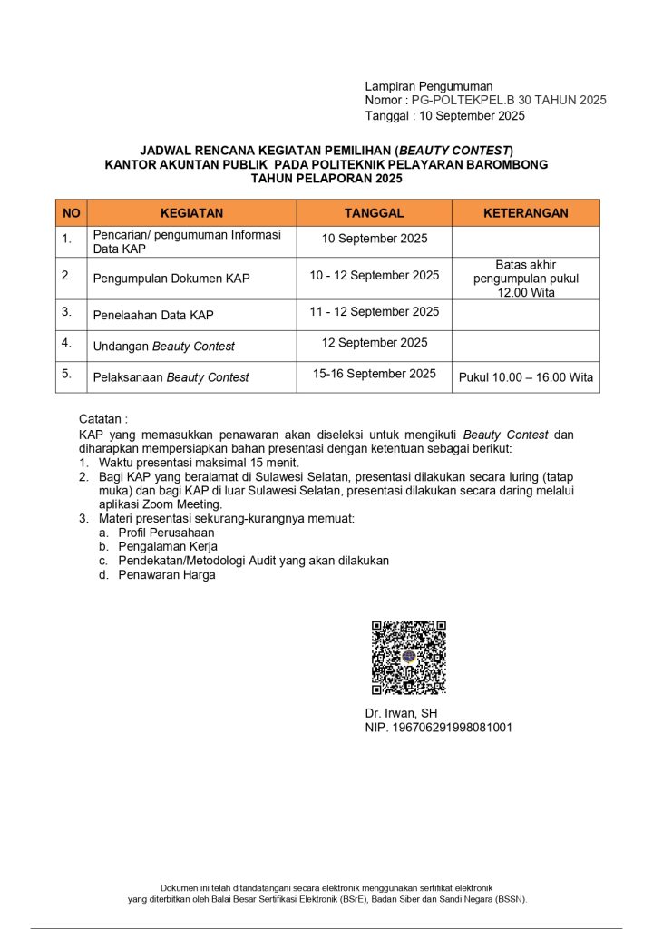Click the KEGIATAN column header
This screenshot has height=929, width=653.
click(191, 213)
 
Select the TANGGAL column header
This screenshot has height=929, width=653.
click(374, 213)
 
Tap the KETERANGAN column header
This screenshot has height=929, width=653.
click(525, 213)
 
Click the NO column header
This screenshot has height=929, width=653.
click(71, 213)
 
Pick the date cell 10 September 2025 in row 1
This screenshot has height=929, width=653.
click(374, 239)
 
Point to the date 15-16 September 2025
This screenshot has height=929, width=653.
click(374, 374)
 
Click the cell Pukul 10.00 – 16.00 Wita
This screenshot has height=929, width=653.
click(526, 377)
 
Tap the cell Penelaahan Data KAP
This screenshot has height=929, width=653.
click(153, 316)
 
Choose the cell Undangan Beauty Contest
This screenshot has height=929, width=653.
click(163, 346)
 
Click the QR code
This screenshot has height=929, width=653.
click(408, 658)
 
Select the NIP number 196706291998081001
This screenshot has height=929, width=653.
click(439, 728)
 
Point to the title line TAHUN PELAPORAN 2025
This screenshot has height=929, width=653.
click(326, 179)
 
